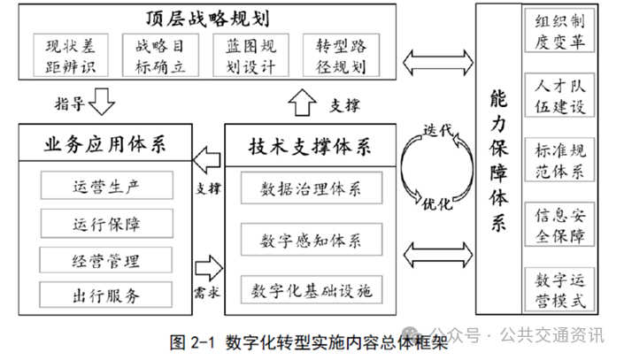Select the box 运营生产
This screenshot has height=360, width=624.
coord(106,188)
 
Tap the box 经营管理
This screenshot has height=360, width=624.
coord(106,261)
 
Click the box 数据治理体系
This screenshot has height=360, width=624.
coord(311,188)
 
